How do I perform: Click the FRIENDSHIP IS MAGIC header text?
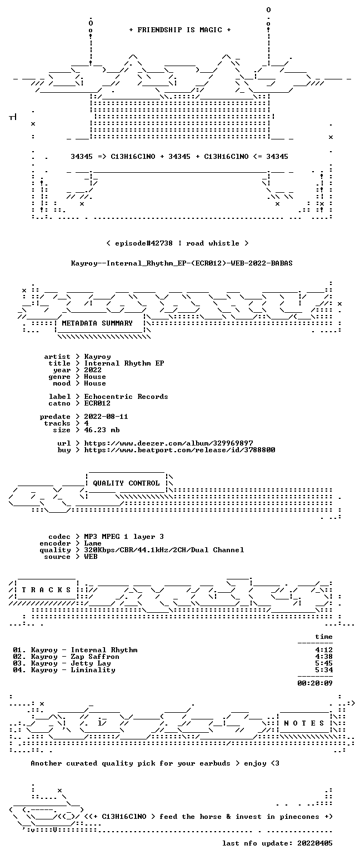point(180,30)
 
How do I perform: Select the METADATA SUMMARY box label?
point(97,323)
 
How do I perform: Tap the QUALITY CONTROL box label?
point(126,483)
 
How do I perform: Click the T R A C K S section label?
point(47,589)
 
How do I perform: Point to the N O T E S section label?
point(304,723)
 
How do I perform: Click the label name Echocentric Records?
point(126,397)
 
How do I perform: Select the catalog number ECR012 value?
point(97,403)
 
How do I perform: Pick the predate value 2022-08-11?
point(106,417)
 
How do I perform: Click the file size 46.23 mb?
point(102,430)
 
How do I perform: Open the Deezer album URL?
point(168,443)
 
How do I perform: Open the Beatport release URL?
point(179,450)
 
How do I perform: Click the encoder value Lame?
point(93,543)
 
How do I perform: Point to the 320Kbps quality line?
point(164,550)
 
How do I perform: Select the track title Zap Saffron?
point(95,657)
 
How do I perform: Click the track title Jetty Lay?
point(91,663)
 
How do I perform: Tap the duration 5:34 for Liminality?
point(324,670)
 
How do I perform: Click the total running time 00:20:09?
point(314,683)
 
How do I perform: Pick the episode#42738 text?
point(143,243)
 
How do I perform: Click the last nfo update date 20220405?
point(314,843)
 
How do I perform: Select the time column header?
point(324,637)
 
